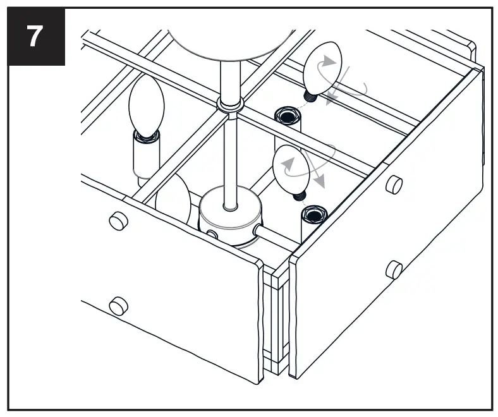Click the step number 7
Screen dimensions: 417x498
tap(35, 37)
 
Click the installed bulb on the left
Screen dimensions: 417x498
tap(146, 107)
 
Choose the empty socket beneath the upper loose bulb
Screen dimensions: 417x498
tap(287, 116)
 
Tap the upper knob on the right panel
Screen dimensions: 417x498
tap(394, 184)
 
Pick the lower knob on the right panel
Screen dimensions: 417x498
tap(394, 270)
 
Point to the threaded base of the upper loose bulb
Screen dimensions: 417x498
tap(310, 97)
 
